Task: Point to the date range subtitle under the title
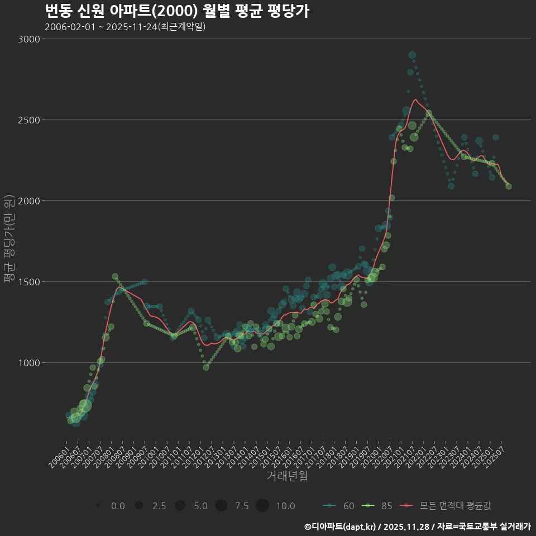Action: tap(125, 27)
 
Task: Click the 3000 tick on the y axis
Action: tap(29, 39)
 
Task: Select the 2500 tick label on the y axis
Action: tap(29, 120)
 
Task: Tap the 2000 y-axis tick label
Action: tap(29, 201)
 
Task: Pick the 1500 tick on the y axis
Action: tap(29, 282)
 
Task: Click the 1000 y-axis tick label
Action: tap(29, 363)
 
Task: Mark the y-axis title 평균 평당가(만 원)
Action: tap(9, 240)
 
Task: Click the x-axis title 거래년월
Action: tap(287, 476)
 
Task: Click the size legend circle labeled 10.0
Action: tap(262, 506)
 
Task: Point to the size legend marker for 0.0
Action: tap(98, 506)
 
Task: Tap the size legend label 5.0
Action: tap(200, 506)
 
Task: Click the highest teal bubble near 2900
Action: tap(412, 55)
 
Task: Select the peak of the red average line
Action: tap(415, 100)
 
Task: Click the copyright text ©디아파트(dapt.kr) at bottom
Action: tap(341, 527)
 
